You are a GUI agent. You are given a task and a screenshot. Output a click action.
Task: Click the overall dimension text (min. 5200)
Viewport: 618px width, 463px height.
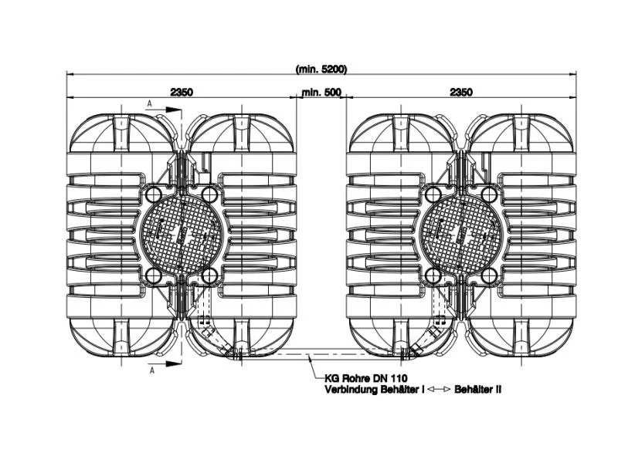[321, 69]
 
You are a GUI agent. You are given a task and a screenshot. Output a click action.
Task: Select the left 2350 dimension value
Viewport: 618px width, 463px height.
[182, 92]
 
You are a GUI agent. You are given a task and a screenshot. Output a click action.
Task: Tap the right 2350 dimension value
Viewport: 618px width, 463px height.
[461, 92]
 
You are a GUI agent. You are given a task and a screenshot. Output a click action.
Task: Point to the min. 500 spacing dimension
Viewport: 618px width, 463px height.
[321, 93]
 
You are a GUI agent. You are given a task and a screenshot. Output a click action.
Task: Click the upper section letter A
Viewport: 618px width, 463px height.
[149, 103]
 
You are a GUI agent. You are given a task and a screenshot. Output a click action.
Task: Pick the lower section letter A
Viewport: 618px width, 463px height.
[151, 370]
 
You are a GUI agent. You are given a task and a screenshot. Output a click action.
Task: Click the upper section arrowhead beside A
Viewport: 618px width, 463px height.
[173, 110]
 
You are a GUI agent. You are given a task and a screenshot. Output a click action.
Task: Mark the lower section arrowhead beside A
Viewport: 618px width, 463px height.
[173, 363]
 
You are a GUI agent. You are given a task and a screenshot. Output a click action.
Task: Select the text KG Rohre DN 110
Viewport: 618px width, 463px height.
[360, 379]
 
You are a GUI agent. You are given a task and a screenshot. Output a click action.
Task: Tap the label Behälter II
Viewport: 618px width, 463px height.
[477, 390]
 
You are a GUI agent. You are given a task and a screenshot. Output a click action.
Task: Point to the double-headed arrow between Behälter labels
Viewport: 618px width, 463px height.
[439, 390]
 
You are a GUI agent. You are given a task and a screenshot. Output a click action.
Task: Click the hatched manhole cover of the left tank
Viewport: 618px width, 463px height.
[182, 235]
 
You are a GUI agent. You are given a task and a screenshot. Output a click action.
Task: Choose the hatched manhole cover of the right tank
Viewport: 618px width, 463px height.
[461, 235]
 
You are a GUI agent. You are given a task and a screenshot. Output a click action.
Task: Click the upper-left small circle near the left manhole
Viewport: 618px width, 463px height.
[153, 194]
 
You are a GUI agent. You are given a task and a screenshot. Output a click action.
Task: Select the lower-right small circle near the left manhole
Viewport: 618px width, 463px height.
[209, 277]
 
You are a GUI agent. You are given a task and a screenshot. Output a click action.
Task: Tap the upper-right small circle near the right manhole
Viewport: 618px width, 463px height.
[489, 194]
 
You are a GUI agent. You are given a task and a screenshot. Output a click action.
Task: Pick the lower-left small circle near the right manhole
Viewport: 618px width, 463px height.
[433, 277]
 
